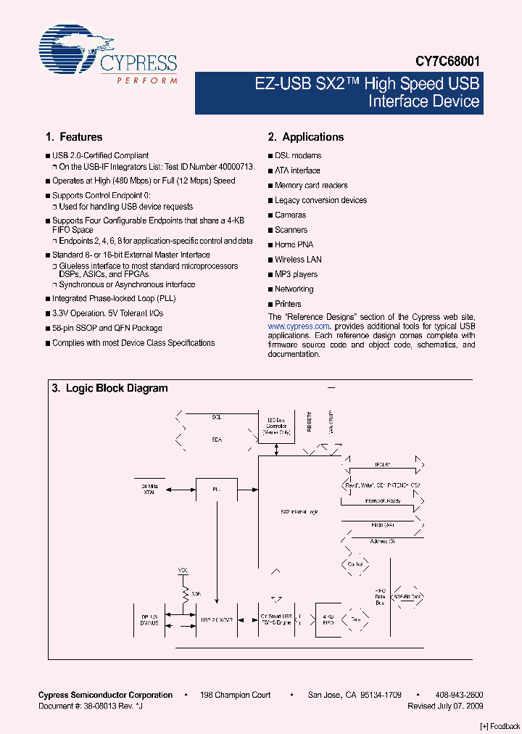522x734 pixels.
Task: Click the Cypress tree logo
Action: (x=68, y=49)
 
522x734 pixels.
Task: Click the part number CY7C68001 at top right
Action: (x=447, y=63)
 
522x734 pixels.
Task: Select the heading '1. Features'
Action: (x=74, y=137)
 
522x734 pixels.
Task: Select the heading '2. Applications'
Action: (x=306, y=137)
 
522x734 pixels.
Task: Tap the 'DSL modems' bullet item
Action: (x=298, y=156)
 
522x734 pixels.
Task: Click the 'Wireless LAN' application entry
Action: (x=298, y=260)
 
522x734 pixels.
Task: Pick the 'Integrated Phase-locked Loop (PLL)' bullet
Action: (x=114, y=299)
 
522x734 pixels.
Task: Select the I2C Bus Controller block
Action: (x=275, y=428)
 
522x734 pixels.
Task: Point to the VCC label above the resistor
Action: (x=183, y=570)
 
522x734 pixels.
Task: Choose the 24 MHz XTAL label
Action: (x=148, y=489)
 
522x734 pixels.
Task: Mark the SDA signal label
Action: (x=217, y=440)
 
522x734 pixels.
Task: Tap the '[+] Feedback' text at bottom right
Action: (x=500, y=726)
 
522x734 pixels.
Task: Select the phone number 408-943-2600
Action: (x=459, y=695)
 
